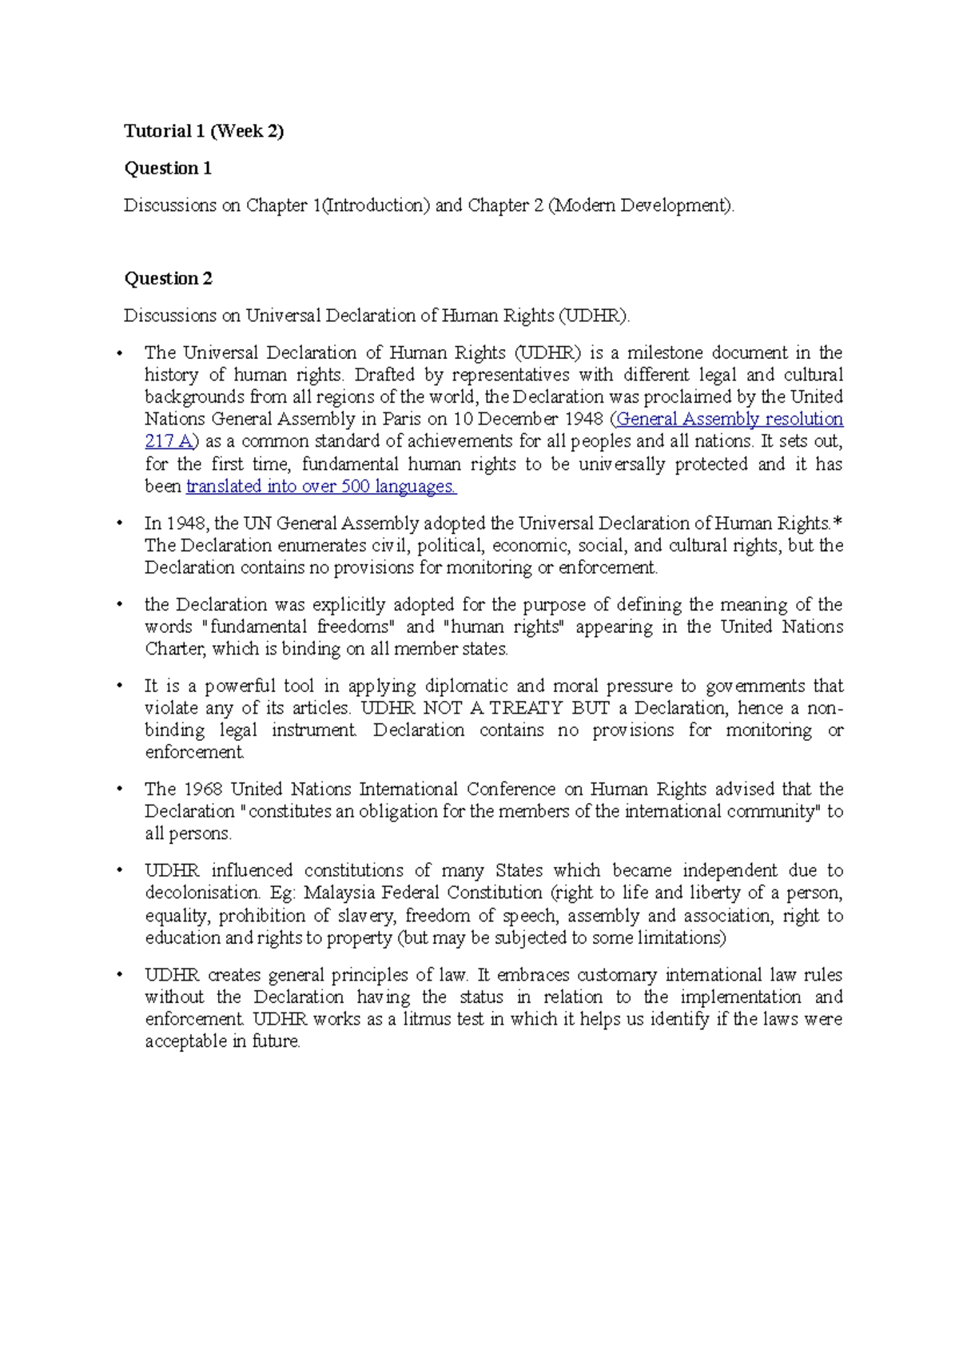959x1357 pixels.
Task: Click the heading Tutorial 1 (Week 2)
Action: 204,131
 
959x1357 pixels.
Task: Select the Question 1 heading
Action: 168,168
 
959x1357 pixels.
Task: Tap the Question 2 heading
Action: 168,278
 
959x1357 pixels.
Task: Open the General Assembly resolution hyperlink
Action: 730,419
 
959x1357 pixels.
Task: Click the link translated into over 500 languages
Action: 321,486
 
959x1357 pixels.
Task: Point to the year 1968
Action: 203,789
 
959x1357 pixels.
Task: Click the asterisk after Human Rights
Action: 838,523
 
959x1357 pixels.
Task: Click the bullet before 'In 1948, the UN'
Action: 120,523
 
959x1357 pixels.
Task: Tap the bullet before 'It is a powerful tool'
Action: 120,686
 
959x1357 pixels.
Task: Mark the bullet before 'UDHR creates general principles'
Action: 120,975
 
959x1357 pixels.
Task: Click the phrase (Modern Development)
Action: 640,205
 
